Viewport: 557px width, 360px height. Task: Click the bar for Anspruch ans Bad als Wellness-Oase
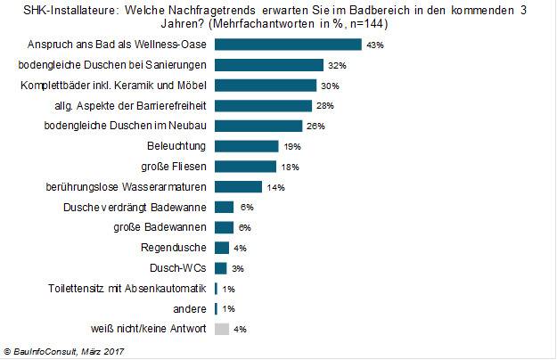pyautogui.click(x=287, y=45)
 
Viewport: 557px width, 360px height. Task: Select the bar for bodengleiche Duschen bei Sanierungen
pyautogui.click(x=268, y=65)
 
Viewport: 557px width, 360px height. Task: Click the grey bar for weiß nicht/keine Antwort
pyautogui.click(x=221, y=329)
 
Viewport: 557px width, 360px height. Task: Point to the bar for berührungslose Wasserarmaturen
pyautogui.click(x=238, y=187)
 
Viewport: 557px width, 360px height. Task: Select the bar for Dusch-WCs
pyautogui.click(x=220, y=268)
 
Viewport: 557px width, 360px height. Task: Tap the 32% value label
pyautogui.click(x=335, y=65)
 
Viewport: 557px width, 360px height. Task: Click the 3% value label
pyautogui.click(x=238, y=268)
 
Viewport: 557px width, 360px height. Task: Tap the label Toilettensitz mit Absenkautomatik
pyautogui.click(x=127, y=288)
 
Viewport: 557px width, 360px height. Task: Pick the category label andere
pyautogui.click(x=189, y=308)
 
